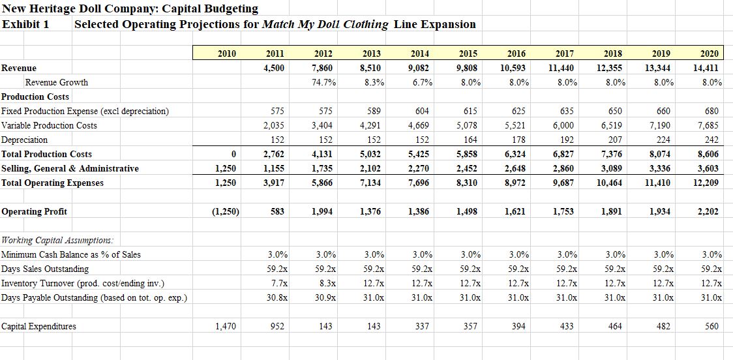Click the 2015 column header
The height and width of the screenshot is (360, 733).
(x=468, y=53)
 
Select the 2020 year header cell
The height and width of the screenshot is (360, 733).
(x=709, y=53)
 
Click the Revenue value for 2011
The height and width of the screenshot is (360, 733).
(x=275, y=68)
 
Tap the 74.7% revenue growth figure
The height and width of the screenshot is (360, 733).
(x=323, y=83)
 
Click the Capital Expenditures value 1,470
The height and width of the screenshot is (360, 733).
(x=226, y=327)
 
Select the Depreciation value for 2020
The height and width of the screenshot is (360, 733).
(x=712, y=140)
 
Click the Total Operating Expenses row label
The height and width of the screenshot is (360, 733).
(x=53, y=183)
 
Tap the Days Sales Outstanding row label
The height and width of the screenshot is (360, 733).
(x=45, y=269)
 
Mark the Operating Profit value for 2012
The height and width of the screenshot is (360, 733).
(x=323, y=212)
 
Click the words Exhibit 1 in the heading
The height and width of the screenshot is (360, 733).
(x=25, y=24)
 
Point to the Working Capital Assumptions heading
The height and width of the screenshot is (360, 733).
(x=58, y=240)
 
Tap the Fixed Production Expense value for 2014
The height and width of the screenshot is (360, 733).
(x=423, y=112)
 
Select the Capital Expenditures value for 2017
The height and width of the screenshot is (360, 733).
(x=567, y=327)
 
